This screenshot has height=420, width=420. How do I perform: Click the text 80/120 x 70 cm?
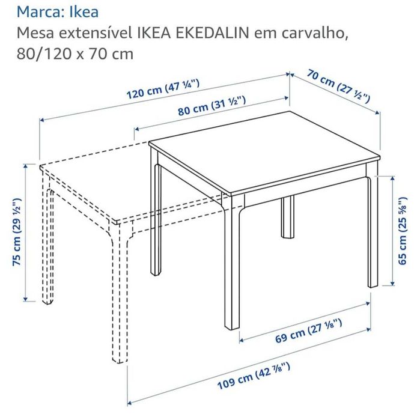75,54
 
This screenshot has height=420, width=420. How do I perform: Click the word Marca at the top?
36,11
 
